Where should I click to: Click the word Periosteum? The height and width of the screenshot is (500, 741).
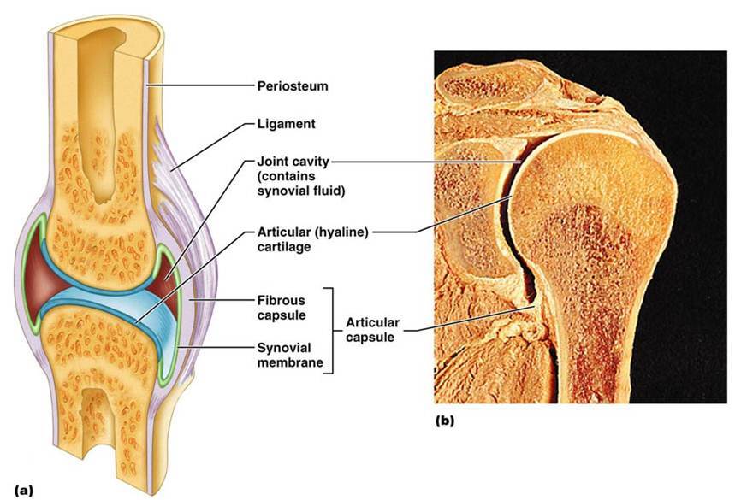coord(292,86)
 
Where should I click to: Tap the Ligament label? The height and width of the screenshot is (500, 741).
coord(286,124)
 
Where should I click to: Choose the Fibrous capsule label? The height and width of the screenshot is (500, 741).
coord(283,309)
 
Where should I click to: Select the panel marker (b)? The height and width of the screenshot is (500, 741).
coord(445,421)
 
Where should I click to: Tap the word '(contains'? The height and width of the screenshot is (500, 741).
coord(286,176)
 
